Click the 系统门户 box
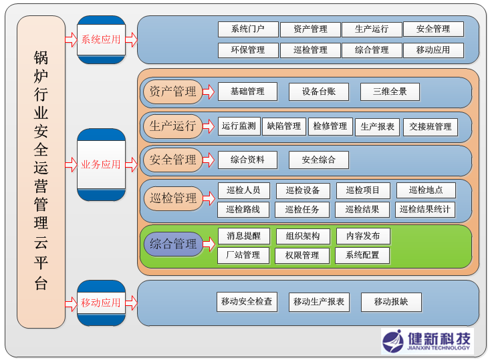[x=247, y=29]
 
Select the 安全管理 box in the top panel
[x=433, y=29]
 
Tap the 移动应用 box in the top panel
[x=433, y=50]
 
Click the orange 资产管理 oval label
[x=172, y=92]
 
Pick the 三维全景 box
[x=390, y=92]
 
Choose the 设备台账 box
[x=318, y=92]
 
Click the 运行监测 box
[x=239, y=126]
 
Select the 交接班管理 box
[x=430, y=127]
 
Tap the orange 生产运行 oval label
[x=172, y=126]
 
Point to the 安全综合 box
[x=318, y=160]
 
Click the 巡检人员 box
[x=243, y=190]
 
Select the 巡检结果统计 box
[x=424, y=210]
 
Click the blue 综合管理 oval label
[x=172, y=244]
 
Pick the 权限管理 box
[x=301, y=255]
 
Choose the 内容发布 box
[x=362, y=236]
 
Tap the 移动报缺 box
[x=391, y=302]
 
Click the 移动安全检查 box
[x=247, y=302]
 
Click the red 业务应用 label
[x=101, y=164]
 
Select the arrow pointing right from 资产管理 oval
[x=208, y=92]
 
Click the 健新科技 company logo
[x=426, y=341]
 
